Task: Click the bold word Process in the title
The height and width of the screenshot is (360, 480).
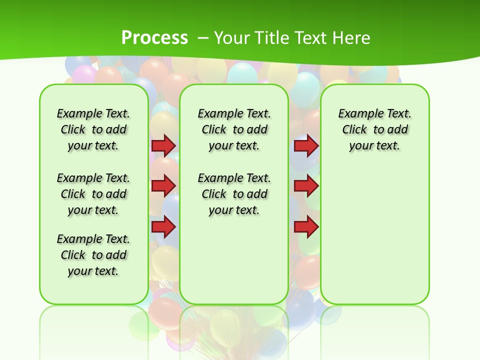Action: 154,37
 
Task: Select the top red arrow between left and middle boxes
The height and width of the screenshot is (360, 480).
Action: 163,145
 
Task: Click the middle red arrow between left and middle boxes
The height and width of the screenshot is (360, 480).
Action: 163,186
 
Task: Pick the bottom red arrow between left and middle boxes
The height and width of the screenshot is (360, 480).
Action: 163,226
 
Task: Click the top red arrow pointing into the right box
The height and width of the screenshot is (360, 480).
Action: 306,146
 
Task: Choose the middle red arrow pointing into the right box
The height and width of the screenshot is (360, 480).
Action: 306,186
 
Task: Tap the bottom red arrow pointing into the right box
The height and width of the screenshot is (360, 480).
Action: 306,226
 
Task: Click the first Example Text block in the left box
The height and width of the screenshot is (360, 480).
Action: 93,129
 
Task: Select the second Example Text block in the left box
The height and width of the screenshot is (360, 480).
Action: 93,194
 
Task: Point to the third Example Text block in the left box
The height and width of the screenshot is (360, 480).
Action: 93,255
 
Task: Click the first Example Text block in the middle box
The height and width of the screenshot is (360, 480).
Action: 234,129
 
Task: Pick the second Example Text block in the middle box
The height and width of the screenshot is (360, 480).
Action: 234,194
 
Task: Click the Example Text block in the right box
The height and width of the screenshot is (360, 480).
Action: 374,129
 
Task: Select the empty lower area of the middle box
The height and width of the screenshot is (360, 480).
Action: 234,260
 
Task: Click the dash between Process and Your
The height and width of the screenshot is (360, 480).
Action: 203,37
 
